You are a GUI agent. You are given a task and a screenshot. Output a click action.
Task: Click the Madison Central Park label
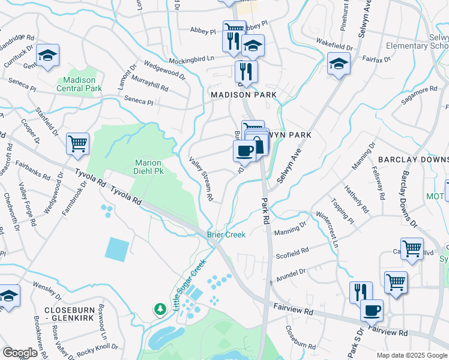coord(79,84)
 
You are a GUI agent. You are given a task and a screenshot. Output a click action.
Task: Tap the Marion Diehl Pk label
coord(149,167)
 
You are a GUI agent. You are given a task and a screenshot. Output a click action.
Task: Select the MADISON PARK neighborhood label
coord(243,95)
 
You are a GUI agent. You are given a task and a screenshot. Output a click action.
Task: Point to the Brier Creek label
coord(226,235)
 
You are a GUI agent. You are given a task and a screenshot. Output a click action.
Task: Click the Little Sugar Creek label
coord(189,283)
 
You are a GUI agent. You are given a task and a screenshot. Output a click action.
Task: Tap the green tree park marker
coord(160,308)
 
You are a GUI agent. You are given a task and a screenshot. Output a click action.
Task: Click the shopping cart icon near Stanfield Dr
coord(77,144)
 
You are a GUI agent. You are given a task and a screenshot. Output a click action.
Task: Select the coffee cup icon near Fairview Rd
coord(372,310)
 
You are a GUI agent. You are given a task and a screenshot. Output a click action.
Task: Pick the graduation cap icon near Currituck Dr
coord(47,56)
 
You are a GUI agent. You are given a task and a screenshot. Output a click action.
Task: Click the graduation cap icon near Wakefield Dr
coord(339,63)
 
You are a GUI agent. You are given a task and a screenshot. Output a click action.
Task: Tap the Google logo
coord(20,353)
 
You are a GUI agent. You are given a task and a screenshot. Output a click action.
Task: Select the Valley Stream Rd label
coord(202,179)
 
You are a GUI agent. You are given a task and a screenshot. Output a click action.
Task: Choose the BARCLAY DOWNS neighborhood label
coord(413,160)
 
